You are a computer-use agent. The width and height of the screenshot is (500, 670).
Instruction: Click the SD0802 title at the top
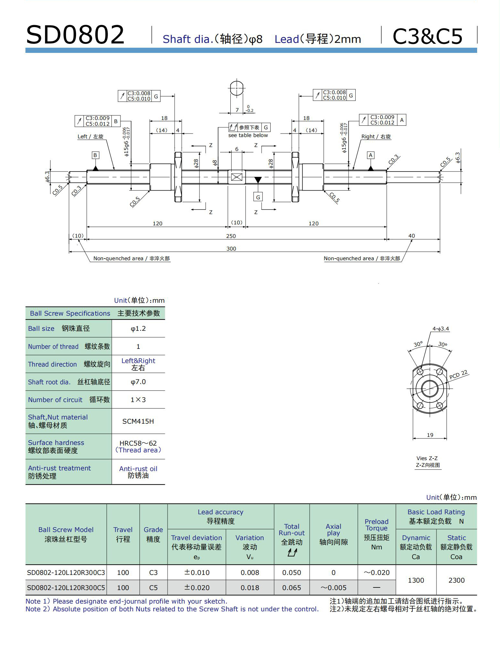coord(75,35)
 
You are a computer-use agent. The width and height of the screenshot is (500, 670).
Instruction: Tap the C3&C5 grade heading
coord(428,36)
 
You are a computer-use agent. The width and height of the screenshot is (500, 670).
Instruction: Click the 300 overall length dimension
coord(231,249)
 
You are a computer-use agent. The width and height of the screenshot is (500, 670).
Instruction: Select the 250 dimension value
coord(231,236)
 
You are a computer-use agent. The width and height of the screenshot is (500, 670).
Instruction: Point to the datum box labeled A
coord(370,155)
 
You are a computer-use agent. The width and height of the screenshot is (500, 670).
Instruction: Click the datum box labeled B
coord(95,155)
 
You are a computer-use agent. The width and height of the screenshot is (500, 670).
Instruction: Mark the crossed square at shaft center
coord(236,177)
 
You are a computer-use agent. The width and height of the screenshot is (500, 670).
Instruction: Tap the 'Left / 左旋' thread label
coord(90,137)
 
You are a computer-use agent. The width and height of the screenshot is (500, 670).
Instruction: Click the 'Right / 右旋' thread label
coord(376,137)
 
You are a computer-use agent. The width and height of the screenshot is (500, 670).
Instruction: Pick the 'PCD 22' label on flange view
coord(458,374)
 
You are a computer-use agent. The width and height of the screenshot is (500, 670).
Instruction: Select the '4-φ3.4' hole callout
coord(440,329)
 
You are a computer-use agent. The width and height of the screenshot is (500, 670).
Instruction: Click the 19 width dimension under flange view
coord(430,435)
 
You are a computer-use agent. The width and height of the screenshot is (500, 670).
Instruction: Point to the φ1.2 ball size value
coord(138,329)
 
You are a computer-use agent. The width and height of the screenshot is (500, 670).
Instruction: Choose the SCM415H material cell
coord(138,421)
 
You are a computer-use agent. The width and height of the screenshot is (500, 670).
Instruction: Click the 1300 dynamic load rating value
coord(416,580)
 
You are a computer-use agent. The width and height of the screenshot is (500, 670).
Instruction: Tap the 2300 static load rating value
coord(457,580)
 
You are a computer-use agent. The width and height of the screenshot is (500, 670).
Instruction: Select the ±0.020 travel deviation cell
coord(197,588)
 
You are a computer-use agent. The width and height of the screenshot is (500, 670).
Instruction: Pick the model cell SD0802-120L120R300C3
coord(66,573)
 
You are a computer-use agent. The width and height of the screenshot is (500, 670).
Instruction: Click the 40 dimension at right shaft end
coord(411,236)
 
